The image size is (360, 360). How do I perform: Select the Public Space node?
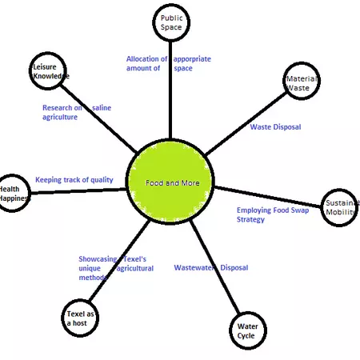(x=171, y=22)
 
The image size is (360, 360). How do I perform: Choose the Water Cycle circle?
(x=246, y=330)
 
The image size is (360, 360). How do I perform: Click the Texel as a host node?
(x=80, y=318)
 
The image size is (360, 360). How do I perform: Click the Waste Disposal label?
(x=275, y=127)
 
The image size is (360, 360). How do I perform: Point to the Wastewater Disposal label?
(x=211, y=268)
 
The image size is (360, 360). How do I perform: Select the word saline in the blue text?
(x=102, y=107)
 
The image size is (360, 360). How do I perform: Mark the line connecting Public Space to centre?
(x=170, y=88)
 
